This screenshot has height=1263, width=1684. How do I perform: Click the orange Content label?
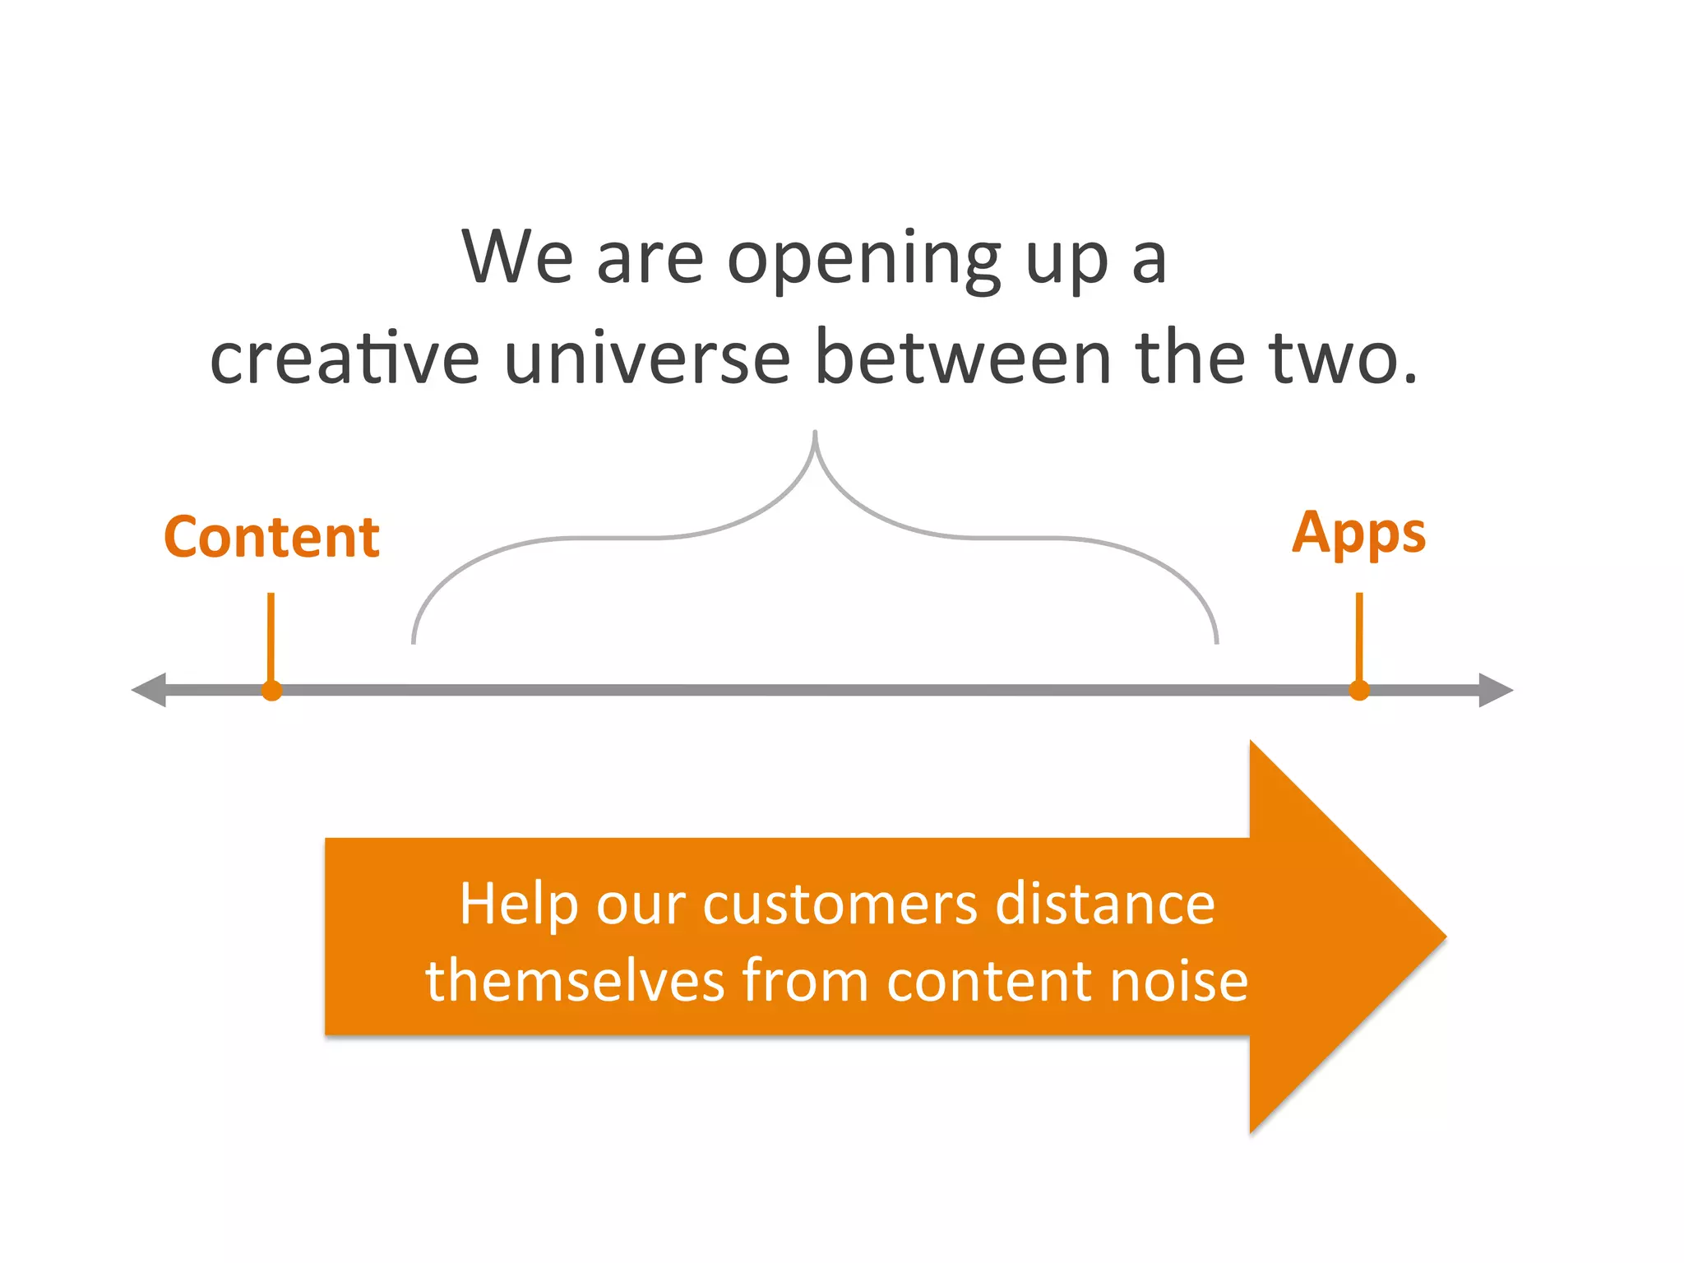click(271, 537)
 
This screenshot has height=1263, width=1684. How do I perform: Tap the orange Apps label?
click(1358, 534)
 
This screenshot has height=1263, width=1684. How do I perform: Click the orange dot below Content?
click(272, 691)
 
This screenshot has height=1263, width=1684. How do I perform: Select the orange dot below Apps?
click(1359, 691)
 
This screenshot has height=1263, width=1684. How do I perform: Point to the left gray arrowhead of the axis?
click(150, 690)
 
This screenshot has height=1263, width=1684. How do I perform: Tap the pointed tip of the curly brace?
click(815, 433)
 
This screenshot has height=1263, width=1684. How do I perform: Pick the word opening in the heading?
click(863, 259)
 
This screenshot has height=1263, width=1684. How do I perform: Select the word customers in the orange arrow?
click(840, 904)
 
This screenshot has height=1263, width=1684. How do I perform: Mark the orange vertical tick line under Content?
click(271, 637)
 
